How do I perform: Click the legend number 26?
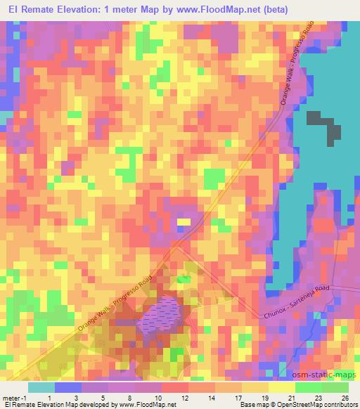344,397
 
